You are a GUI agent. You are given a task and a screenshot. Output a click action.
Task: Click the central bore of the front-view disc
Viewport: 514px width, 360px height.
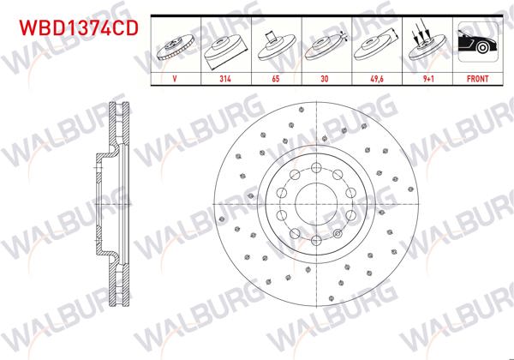tap(314, 203)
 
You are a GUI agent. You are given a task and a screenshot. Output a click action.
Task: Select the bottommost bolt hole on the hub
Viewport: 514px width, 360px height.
tap(314, 241)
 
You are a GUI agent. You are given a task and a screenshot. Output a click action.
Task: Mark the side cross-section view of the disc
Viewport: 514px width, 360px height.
tap(111, 203)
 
